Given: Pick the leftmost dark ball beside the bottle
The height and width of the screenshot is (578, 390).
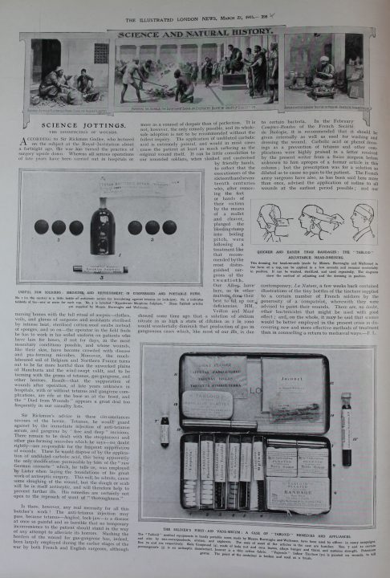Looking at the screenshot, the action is pos(41,227).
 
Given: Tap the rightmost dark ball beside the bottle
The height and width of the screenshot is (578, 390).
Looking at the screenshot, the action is pos(169,227).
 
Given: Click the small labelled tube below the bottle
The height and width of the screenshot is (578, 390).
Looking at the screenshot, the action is pos(101,268).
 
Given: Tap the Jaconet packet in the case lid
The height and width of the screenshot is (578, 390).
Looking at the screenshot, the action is pos(303,381).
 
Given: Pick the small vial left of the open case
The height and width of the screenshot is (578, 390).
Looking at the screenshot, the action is pos(165,429).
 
